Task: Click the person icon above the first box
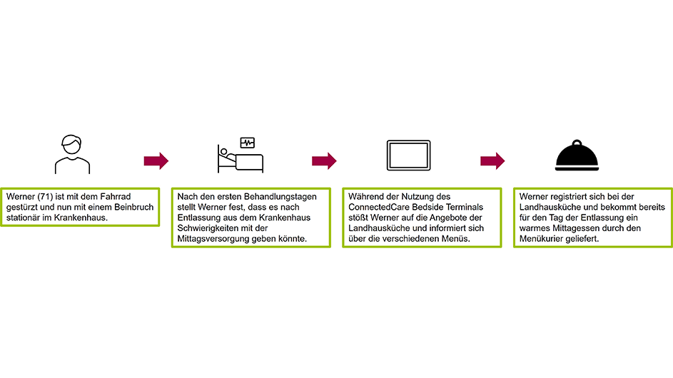pyautogui.click(x=72, y=153)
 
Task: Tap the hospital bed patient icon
pyautogui.click(x=240, y=156)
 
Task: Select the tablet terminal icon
pyautogui.click(x=408, y=155)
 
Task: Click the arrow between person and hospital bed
pyautogui.click(x=156, y=160)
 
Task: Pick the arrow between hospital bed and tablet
pyautogui.click(x=324, y=160)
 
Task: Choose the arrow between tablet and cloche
pyautogui.click(x=492, y=160)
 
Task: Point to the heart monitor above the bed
pyautogui.click(x=247, y=143)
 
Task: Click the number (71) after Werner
pyautogui.click(x=43, y=196)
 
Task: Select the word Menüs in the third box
pyautogui.click(x=456, y=239)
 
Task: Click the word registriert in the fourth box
pyautogui.click(x=574, y=196)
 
